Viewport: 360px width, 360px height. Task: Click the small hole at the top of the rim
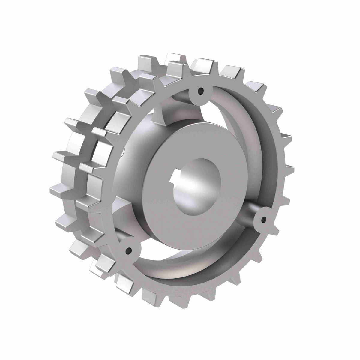click(x=200, y=90)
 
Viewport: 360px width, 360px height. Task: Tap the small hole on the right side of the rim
click(x=263, y=220)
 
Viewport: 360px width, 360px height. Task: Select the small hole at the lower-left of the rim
click(x=129, y=250)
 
